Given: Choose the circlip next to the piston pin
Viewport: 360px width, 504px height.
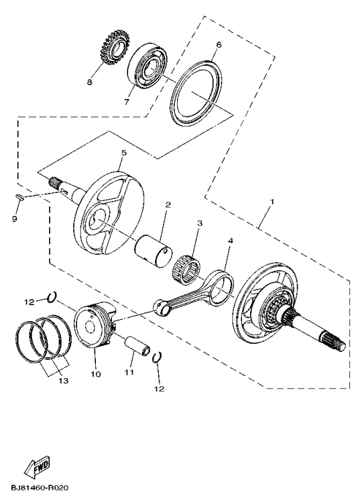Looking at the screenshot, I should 158,358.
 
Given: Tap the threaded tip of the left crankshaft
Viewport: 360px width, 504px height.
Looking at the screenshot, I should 54,181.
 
